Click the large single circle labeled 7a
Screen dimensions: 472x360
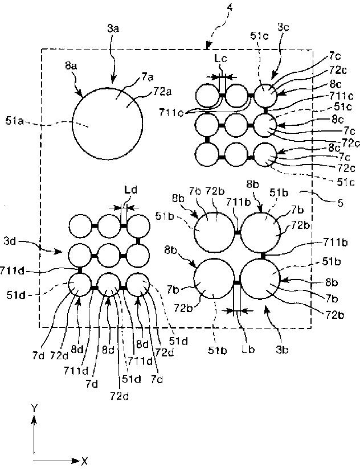pyautogui.click(x=107, y=122)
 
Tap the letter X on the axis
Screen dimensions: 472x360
pyautogui.click(x=84, y=460)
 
